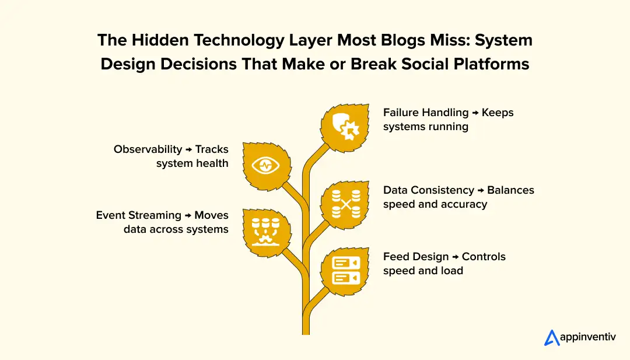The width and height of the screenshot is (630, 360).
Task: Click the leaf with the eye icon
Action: tap(265, 165)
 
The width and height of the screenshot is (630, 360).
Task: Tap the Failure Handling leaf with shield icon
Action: tap(345, 127)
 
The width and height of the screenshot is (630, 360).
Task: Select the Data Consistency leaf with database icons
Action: tap(345, 204)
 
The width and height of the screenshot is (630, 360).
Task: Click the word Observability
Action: tap(148, 149)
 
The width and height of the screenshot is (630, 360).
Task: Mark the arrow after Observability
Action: tap(189, 150)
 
